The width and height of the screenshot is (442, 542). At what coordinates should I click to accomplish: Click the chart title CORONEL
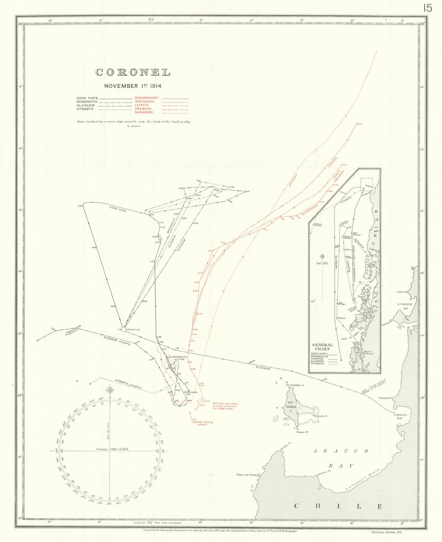[x=133, y=72]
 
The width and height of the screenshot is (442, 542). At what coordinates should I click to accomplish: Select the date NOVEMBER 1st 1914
[x=133, y=86]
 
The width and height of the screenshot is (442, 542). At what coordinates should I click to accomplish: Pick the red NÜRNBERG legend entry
[x=144, y=112]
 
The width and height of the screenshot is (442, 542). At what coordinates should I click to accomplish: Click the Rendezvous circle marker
[x=124, y=329]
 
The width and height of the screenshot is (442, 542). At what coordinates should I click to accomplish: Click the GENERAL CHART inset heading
[x=322, y=347]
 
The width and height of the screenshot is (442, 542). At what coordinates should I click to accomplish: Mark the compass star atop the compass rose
[x=110, y=390]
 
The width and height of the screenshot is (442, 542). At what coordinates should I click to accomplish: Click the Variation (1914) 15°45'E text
[x=110, y=449]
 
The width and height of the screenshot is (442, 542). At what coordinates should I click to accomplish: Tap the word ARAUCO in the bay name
[x=341, y=451]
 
